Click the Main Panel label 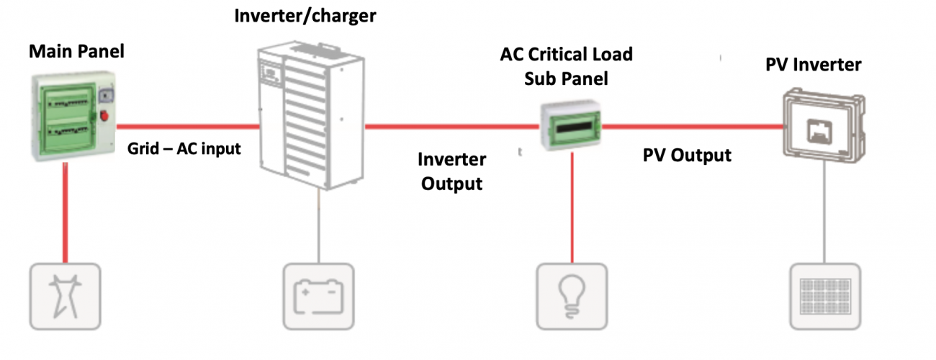pos(76,52)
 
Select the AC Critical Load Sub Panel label pos(567,66)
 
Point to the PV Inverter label pos(812,64)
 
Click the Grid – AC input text pos(184,150)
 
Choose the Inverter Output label pos(451,171)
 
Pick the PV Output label pos(687,155)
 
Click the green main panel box pos(65,116)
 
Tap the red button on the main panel pos(103,115)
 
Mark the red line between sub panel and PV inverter pos(691,127)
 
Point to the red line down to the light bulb pos(572,209)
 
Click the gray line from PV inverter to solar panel pos(823,216)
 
